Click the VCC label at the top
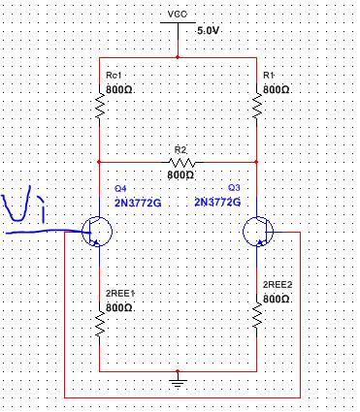coord(178,14)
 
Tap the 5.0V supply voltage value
coord(209,31)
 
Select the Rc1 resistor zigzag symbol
coord(100,105)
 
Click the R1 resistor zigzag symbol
coord(257,105)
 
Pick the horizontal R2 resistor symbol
coord(181,162)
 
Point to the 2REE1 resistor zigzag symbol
coord(100,324)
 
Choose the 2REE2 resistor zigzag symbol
coord(257,316)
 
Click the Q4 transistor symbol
coord(96,232)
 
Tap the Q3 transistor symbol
coord(258,232)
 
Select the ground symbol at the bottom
coord(178,381)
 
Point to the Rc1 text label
coord(114,76)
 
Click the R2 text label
coord(180,150)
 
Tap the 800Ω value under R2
coord(180,175)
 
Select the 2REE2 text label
coord(278,285)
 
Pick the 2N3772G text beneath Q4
coord(138,204)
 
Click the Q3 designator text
coord(235,187)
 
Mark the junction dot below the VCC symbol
coord(178,57)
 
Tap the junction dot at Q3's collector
coord(257,162)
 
